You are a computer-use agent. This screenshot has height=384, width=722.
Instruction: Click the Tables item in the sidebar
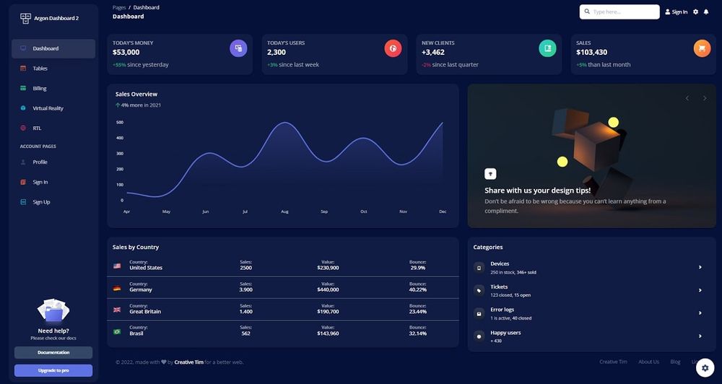(40, 69)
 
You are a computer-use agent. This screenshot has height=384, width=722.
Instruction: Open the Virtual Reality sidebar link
(48, 108)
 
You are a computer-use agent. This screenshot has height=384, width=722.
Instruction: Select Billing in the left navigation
(39, 88)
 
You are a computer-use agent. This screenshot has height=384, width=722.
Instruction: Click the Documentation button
(53, 352)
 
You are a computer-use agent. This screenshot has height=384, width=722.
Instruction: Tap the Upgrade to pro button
(53, 370)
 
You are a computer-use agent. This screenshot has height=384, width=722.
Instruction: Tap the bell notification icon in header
(706, 12)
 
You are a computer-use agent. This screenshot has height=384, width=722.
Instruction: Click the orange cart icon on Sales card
(702, 48)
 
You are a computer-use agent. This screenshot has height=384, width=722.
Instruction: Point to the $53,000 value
(126, 53)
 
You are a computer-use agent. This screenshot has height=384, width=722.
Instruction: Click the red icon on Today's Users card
(393, 48)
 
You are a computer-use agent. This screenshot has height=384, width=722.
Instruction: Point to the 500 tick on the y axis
(120, 122)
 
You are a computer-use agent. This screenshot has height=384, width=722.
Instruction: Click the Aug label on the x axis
(284, 211)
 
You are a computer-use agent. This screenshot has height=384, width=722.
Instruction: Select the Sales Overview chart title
(136, 95)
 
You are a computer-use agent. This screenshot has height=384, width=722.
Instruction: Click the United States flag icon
(117, 266)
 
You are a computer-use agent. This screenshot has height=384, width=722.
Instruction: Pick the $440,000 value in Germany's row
(328, 289)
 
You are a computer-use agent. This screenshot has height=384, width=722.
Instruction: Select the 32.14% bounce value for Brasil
(417, 333)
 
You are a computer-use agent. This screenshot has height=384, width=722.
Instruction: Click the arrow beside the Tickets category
(700, 290)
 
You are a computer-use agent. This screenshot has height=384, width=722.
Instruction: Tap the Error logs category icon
(479, 313)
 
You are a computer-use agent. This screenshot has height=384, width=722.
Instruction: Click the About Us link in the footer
(648, 362)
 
